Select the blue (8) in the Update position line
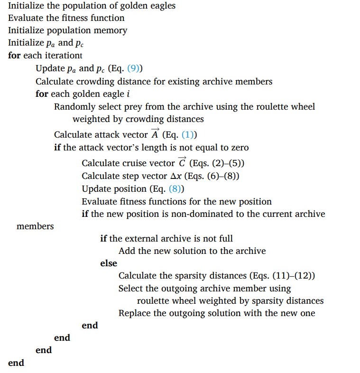pos(176,189)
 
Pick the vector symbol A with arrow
pos(155,134)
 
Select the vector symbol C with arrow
pos(182,162)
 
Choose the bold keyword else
pos(109,263)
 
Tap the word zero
pos(239,148)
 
